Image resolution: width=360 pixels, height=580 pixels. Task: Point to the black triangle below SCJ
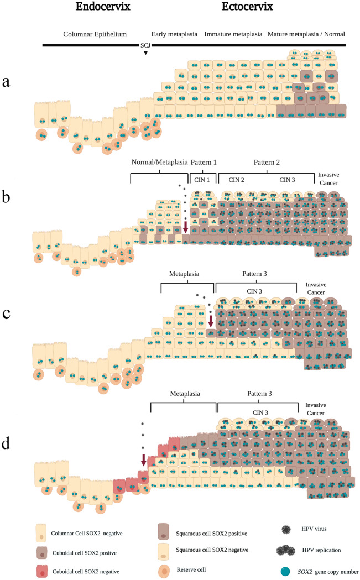click(x=145, y=53)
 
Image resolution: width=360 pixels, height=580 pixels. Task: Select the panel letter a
click(x=6, y=82)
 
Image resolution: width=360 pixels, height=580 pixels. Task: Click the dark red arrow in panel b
click(x=185, y=226)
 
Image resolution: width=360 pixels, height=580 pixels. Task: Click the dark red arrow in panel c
click(x=210, y=321)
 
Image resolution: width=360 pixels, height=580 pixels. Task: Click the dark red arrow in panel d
click(x=144, y=459)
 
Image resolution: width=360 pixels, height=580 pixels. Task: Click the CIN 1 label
click(x=200, y=179)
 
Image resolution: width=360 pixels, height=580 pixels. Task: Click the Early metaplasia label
click(x=175, y=34)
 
